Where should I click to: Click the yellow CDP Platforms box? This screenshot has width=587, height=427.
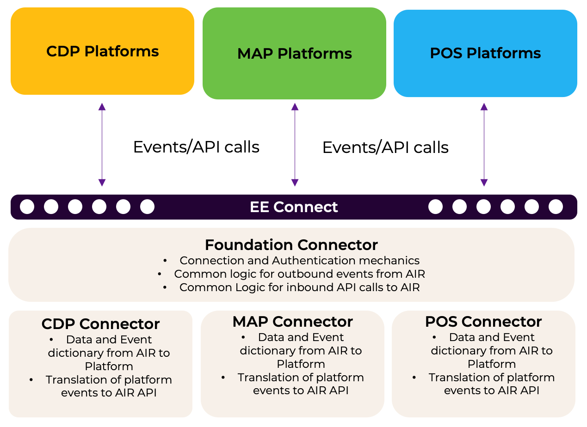pos(102,51)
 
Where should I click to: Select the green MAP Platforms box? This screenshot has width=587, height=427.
pos(294,54)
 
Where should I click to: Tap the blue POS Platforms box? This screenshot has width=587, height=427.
pos(485,53)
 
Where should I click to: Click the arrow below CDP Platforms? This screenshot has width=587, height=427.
pos(102,144)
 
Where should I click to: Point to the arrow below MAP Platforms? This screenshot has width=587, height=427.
pos(295,144)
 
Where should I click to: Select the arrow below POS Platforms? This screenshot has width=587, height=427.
pos(484,144)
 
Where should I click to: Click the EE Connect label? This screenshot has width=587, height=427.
pos(294,207)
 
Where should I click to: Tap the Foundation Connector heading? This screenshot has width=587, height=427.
pos(291,244)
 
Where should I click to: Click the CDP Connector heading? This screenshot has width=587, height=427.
pos(101,323)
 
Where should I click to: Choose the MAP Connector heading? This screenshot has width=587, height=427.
pos(293,322)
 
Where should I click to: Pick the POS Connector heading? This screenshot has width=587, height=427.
pos(483,322)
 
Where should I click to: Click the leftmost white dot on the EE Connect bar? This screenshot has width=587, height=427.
pos(27,207)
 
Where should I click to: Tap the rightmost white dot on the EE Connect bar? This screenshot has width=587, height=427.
pos(556,207)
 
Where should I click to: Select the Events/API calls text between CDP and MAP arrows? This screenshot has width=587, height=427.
pos(196,147)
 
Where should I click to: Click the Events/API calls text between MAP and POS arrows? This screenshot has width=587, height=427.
pos(385,147)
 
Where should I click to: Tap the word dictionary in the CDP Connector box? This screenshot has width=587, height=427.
pos(75,353)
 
